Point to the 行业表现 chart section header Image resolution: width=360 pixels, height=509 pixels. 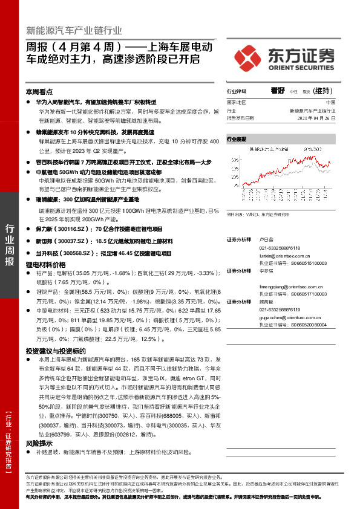[237, 139]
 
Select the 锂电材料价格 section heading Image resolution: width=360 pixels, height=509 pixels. [45, 265]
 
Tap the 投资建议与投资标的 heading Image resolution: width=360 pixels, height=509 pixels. [55, 351]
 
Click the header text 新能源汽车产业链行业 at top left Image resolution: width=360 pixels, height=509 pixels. [74, 31]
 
